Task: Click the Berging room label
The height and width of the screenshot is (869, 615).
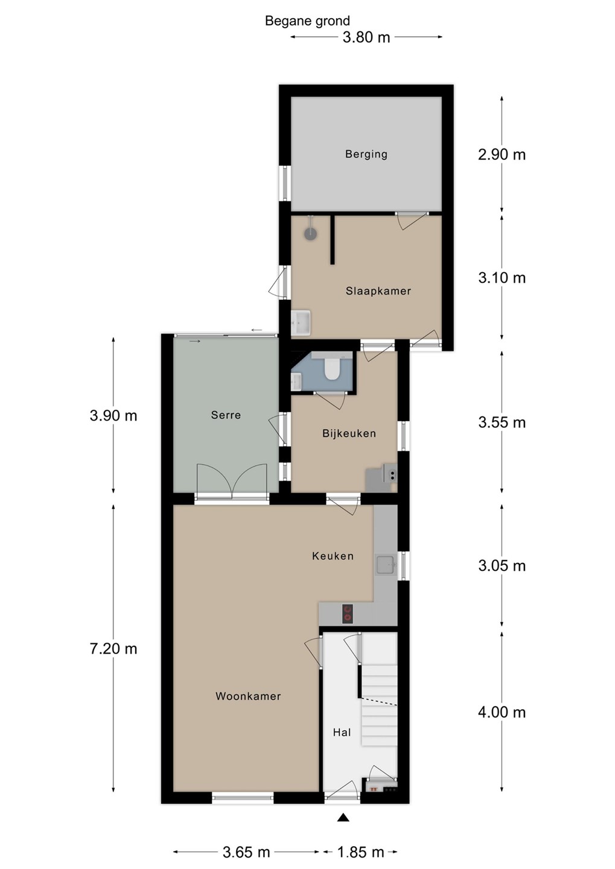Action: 366,154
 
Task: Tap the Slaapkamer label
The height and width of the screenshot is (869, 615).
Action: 378,291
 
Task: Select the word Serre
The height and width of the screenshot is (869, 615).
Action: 226,415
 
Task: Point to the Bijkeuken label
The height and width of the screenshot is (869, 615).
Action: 349,433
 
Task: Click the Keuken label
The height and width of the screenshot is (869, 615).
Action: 333,556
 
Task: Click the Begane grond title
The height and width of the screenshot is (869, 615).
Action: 307,21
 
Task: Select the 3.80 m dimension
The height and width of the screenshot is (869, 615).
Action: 366,37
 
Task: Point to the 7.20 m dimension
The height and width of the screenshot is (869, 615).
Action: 113,660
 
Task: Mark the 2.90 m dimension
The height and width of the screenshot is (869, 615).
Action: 502,154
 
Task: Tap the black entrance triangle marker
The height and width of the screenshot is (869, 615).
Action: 343,817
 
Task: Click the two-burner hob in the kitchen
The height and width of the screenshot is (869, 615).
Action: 348,614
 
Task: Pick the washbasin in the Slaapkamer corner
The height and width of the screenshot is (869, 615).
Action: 301,323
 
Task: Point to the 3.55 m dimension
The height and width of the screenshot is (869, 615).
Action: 502,422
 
